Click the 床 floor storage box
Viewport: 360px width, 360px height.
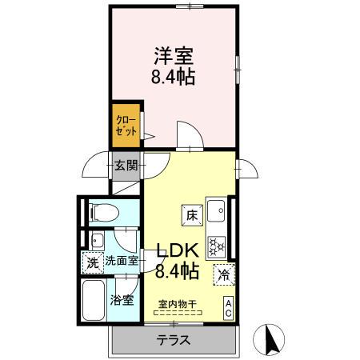(x=192, y=214)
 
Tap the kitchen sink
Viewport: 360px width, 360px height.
(x=216, y=211)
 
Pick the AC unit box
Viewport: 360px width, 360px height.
(x=228, y=307)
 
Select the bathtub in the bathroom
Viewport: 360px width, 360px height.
(x=93, y=302)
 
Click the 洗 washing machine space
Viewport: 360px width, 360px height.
(x=92, y=261)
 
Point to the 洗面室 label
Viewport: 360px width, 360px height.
(x=122, y=261)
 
